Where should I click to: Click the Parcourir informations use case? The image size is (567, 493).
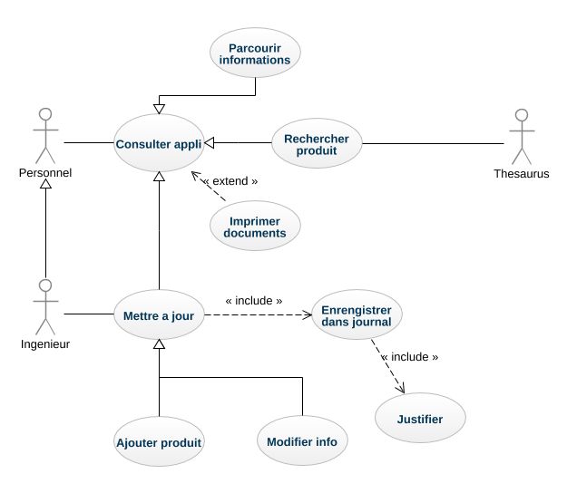pyautogui.click(x=255, y=53)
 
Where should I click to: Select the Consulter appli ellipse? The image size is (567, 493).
pyautogui.click(x=159, y=143)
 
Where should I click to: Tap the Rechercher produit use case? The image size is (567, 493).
pyautogui.click(x=317, y=143)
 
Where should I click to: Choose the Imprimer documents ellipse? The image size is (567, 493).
pyautogui.click(x=255, y=227)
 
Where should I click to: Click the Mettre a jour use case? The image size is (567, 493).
pyautogui.click(x=159, y=315)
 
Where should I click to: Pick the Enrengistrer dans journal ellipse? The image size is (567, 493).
pyautogui.click(x=357, y=315)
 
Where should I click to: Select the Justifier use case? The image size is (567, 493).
pyautogui.click(x=421, y=419)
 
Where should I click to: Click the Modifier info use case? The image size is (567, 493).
pyautogui.click(x=302, y=442)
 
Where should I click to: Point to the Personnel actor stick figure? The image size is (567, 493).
pyautogui.click(x=44, y=134)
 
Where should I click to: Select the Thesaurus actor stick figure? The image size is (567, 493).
pyautogui.click(x=521, y=136)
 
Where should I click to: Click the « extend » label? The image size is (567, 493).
pyautogui.click(x=230, y=181)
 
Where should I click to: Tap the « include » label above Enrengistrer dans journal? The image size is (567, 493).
pyautogui.click(x=253, y=300)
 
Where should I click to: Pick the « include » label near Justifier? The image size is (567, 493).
pyautogui.click(x=409, y=357)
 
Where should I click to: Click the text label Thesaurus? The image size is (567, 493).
pyautogui.click(x=522, y=174)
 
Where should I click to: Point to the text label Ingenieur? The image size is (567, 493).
pyautogui.click(x=45, y=344)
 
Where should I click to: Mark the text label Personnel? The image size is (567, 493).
pyautogui.click(x=45, y=172)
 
